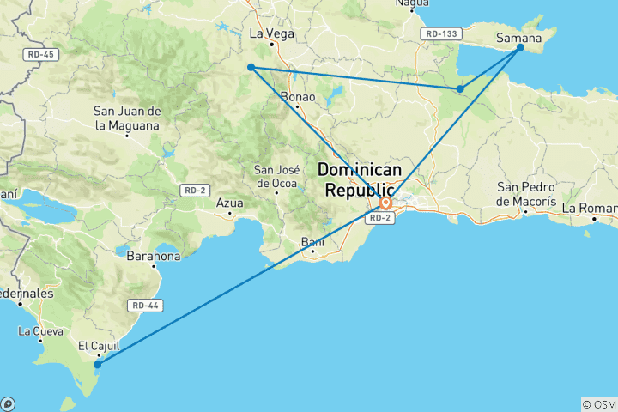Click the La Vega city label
[x=271, y=34]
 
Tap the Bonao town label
[x=298, y=97]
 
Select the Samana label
[x=518, y=38]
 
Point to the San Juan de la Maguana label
[x=127, y=118]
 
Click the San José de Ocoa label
[x=276, y=175]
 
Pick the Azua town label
[x=229, y=203]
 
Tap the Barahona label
[x=154, y=256]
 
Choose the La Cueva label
[x=41, y=330]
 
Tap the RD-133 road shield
[x=441, y=33]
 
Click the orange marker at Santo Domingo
[x=386, y=203]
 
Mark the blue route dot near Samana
[x=520, y=48]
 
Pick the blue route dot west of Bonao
[x=251, y=67]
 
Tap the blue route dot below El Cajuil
[x=98, y=365]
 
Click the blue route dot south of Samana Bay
[x=460, y=89]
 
